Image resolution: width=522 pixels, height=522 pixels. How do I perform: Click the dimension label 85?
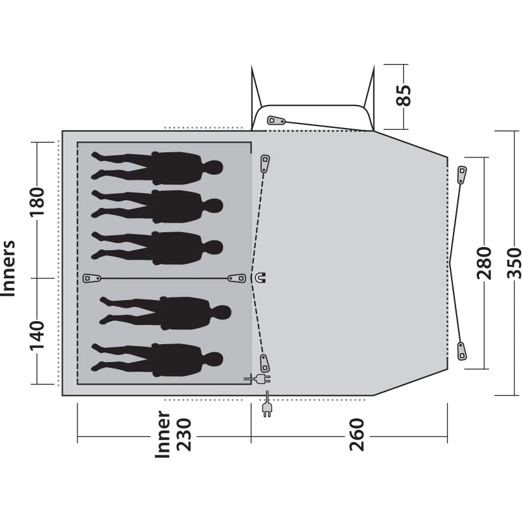pyautogui.click(x=404, y=95)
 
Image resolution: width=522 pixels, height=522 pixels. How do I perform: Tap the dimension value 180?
pyautogui.click(x=37, y=202)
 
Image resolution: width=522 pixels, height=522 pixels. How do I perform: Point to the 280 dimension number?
pyautogui.click(x=484, y=263)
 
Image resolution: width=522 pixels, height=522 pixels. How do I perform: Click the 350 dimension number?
pyautogui.click(x=514, y=263)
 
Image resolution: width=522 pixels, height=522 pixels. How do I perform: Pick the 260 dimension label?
pyautogui.click(x=357, y=435)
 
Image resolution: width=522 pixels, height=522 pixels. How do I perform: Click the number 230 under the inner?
pyautogui.click(x=184, y=435)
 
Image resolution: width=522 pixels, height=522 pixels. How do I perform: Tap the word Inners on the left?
pyautogui.click(x=8, y=268)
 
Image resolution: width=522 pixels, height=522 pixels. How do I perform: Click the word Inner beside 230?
pyautogui.click(x=162, y=434)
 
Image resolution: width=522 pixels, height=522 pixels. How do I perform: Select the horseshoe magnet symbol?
pyautogui.click(x=260, y=278)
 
